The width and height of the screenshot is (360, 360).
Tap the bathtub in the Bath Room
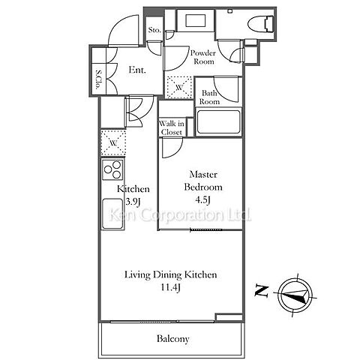coord(218,122)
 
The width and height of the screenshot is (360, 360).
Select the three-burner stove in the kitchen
coord(112,169)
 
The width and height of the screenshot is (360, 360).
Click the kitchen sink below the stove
coord(112,214)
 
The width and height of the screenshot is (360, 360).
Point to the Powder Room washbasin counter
coord(196,20)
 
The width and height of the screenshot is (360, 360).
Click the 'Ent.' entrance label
coord(137,70)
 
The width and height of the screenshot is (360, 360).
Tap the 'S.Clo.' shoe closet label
coord(99,79)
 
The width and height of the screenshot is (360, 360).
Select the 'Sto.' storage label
coord(154,30)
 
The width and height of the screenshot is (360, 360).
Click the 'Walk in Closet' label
coord(172,127)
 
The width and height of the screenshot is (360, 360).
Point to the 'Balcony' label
coord(172,339)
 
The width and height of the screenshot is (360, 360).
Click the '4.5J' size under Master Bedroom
coord(202,200)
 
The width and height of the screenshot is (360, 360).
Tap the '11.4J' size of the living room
coord(170,287)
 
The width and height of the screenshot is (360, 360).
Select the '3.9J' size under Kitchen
coord(132,202)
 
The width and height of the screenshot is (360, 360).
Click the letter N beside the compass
coord(262,290)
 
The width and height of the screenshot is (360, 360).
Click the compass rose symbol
coord(295,295)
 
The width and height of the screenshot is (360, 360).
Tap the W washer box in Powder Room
coord(179,88)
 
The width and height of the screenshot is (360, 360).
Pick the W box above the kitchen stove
coord(113,143)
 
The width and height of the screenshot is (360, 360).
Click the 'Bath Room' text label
coord(209,97)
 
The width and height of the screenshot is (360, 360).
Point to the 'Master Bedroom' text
coord(203,181)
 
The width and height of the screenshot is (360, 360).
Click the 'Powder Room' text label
coord(203,57)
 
